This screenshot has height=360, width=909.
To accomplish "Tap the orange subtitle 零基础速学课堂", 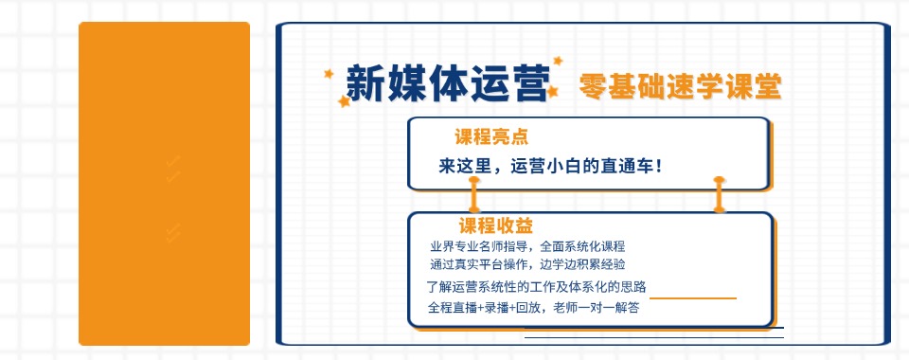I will (680, 86).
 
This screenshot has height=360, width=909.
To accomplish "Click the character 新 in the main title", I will (365, 83).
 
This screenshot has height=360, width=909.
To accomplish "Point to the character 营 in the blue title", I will (527, 83).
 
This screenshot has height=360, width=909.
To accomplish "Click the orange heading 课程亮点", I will (490, 135).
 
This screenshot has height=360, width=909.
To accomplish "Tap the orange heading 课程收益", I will (496, 226).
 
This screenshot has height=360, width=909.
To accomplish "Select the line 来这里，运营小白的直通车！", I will (549, 166).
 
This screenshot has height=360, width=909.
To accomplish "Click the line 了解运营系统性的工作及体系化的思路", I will (536, 287).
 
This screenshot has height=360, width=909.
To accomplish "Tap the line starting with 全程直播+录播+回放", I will (534, 308).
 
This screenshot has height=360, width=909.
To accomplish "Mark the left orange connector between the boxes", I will (474, 194).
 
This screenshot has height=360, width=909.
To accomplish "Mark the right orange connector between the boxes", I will (719, 194).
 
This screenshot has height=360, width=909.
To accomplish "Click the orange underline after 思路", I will (693, 297).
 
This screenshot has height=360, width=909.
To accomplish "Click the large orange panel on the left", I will (164, 184).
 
